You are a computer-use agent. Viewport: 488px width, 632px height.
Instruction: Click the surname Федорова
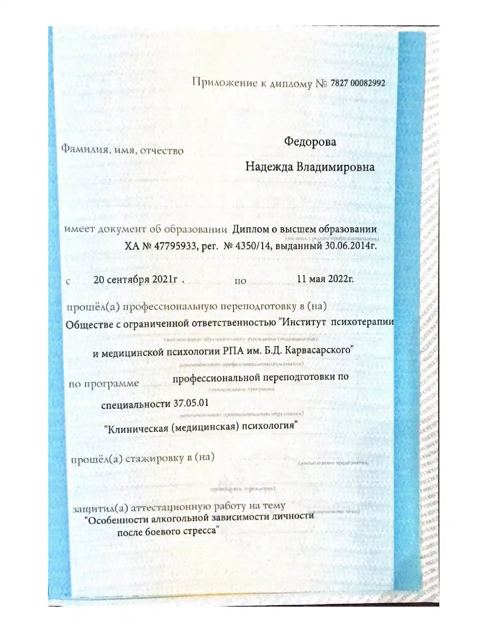click(x=310, y=142)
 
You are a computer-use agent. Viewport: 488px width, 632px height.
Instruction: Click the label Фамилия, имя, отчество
click(x=122, y=149)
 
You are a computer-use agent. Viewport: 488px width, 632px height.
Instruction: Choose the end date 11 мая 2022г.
click(x=325, y=279)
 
